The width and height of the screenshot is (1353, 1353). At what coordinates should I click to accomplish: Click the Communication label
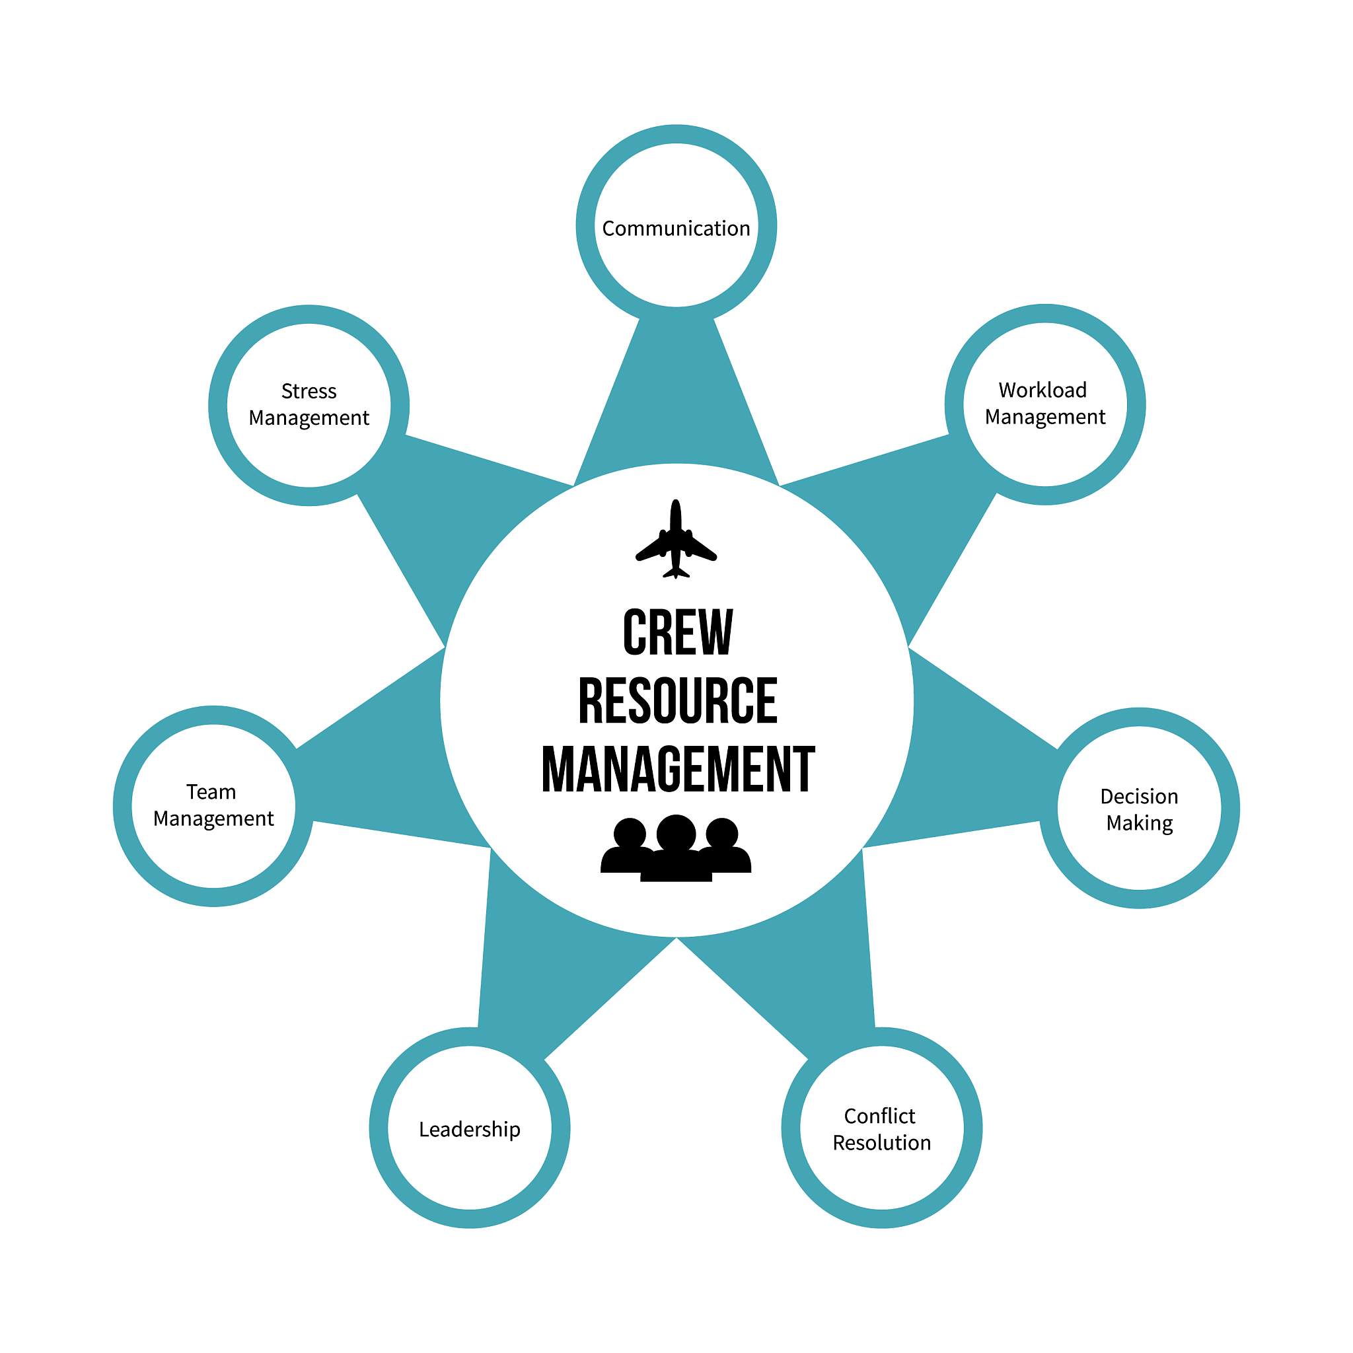click(x=676, y=229)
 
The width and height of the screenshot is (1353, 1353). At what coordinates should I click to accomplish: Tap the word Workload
click(x=1042, y=390)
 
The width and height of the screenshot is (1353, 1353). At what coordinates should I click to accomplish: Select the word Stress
click(x=309, y=391)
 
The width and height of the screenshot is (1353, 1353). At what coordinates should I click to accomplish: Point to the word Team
click(x=211, y=792)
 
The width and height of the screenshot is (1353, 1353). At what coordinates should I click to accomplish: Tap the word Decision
click(x=1139, y=796)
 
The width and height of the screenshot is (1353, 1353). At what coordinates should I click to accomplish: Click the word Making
click(x=1139, y=824)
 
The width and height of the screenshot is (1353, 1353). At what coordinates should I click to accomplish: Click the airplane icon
click(x=676, y=540)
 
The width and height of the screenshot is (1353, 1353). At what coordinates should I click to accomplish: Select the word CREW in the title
click(x=677, y=633)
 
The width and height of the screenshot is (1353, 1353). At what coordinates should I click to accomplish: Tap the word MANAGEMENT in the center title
click(x=677, y=770)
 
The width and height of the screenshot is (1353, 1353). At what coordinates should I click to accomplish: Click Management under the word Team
click(x=213, y=819)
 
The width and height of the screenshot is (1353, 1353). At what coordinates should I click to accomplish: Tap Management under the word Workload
click(x=1045, y=418)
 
